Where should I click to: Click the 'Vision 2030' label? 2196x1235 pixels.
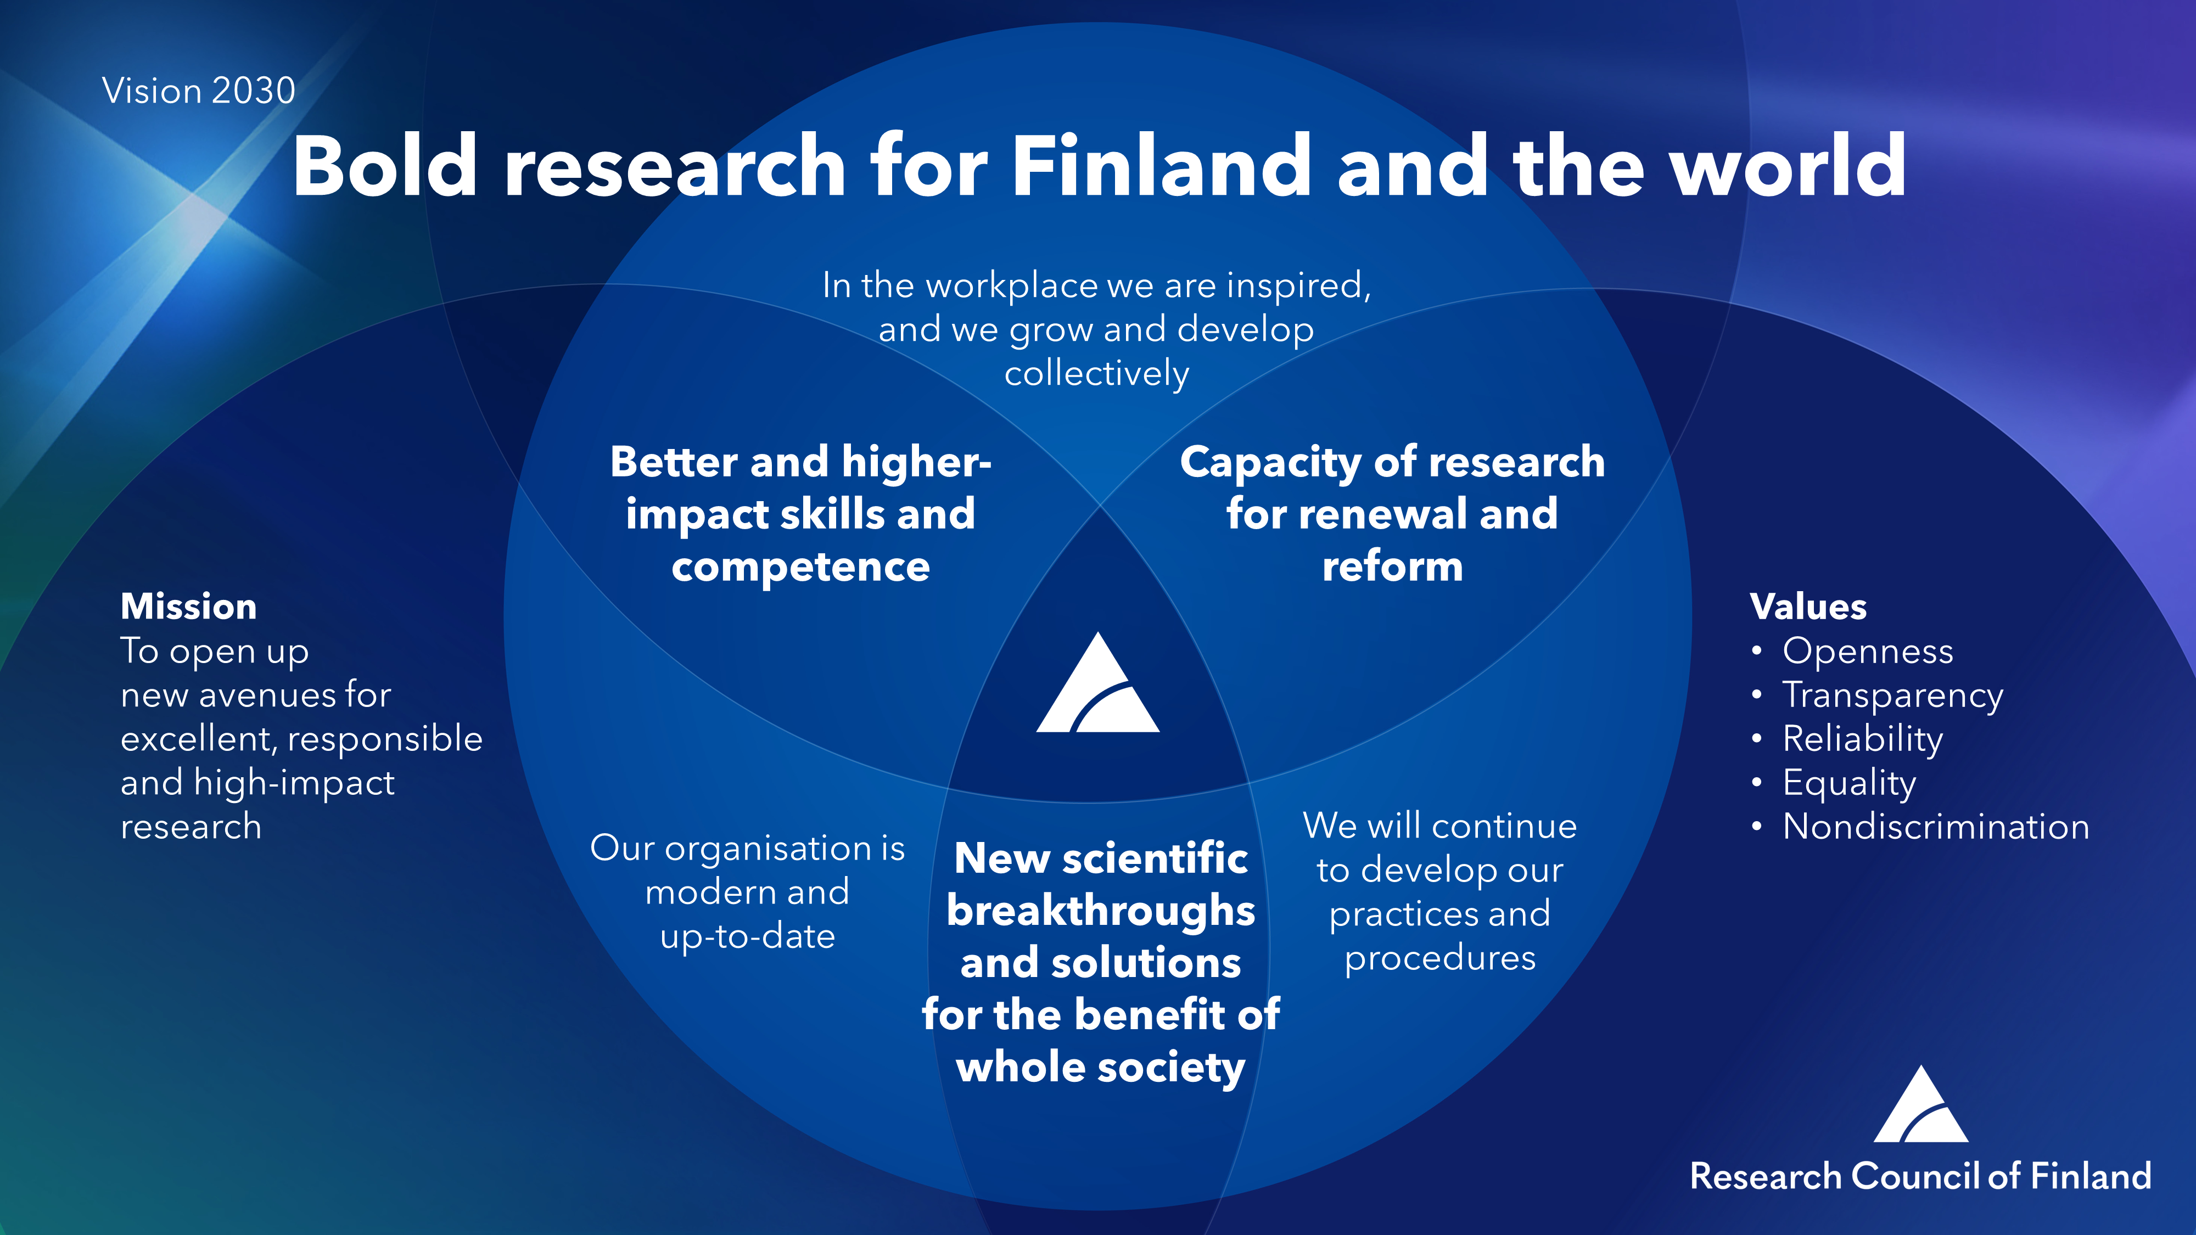click(x=199, y=91)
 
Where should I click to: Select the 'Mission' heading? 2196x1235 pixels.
click(x=188, y=607)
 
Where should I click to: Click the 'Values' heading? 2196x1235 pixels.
click(x=1808, y=607)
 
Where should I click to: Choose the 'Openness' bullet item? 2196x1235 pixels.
click(x=1868, y=651)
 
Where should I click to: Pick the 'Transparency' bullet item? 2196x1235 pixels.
click(x=1892, y=695)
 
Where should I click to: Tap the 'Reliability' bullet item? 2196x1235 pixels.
click(x=1863, y=739)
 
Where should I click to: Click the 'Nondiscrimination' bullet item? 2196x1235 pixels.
click(x=1936, y=827)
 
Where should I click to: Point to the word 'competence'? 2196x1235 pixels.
click(x=800, y=568)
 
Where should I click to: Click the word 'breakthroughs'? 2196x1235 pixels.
click(x=1101, y=911)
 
